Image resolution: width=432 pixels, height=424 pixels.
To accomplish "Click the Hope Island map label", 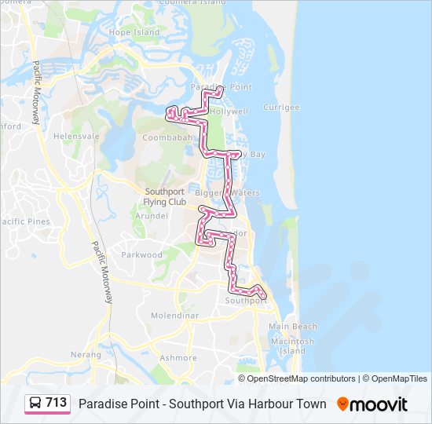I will click(x=134, y=32).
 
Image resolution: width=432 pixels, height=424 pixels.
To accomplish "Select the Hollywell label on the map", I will click(x=229, y=111).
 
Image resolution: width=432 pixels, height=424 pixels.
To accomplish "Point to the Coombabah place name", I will click(x=167, y=137).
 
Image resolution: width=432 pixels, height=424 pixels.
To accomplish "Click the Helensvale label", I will click(x=76, y=136).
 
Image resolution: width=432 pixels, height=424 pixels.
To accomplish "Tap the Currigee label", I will click(x=281, y=107).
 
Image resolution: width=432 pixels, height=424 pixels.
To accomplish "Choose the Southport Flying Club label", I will click(x=165, y=196).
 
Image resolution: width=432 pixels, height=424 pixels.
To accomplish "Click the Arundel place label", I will click(x=152, y=215).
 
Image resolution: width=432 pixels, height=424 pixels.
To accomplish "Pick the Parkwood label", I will click(x=141, y=254).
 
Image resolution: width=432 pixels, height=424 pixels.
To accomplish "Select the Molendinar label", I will click(x=174, y=315).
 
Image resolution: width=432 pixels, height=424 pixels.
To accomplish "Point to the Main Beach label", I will click(x=293, y=326).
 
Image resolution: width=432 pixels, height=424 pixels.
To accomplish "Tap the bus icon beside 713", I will click(x=35, y=404).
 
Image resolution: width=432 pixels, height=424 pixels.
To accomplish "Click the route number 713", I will click(x=57, y=403).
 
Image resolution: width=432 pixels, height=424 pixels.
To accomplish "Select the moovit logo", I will click(x=372, y=404).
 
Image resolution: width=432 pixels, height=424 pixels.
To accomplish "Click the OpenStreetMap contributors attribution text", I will click(x=302, y=378).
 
